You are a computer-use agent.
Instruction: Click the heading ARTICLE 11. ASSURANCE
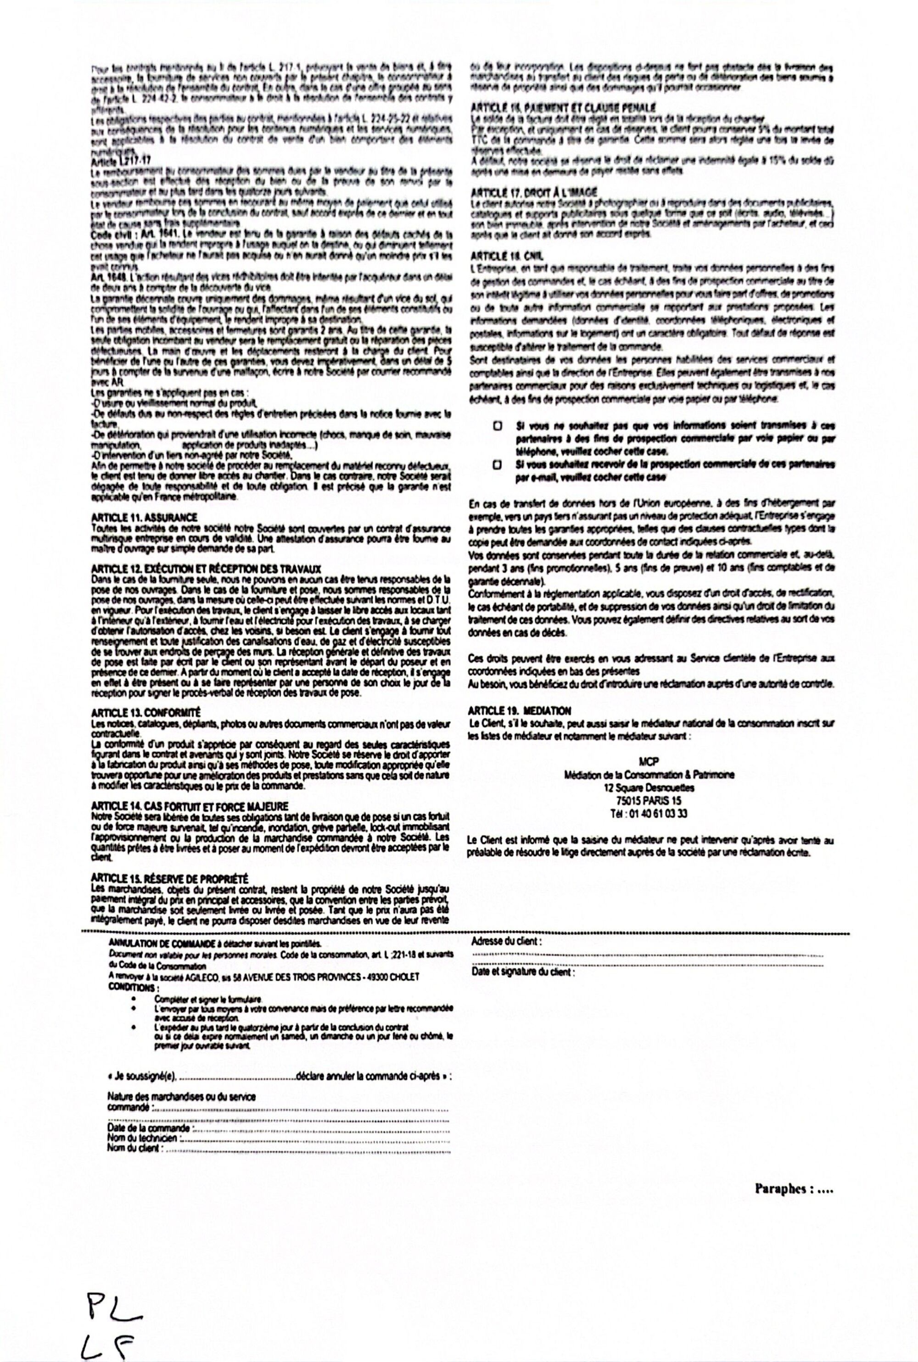coord(144,518)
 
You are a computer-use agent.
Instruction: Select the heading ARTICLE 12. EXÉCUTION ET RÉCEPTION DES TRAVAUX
coord(207,568)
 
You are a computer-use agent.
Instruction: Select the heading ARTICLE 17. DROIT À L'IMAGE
coord(534,192)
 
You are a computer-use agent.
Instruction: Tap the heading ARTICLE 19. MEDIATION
coord(519,710)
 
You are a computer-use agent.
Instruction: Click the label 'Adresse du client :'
coord(506,941)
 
